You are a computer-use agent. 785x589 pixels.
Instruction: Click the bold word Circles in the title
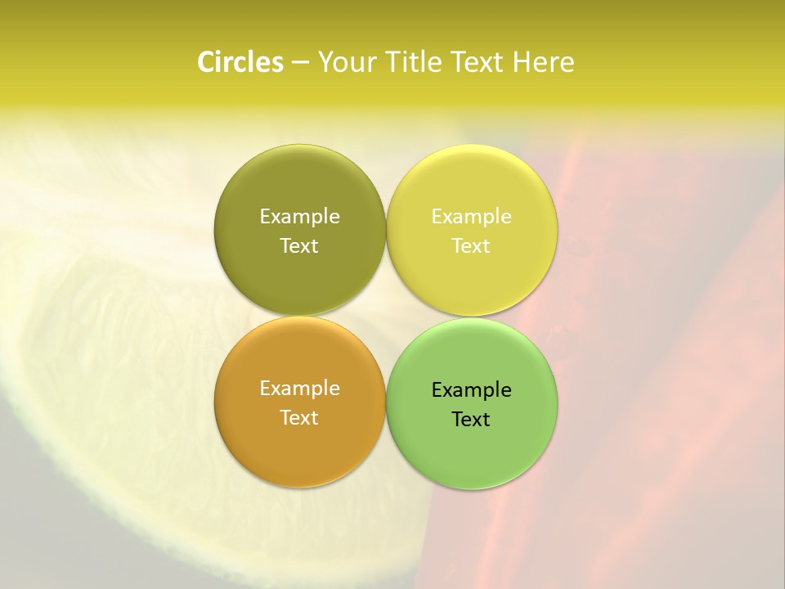pyautogui.click(x=240, y=62)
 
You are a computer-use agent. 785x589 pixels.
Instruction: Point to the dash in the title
pyautogui.click(x=299, y=63)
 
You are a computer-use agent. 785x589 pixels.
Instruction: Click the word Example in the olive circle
pyautogui.click(x=299, y=216)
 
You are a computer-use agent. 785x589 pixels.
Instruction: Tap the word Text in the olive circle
pyautogui.click(x=299, y=245)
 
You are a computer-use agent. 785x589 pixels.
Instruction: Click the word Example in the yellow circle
pyautogui.click(x=471, y=216)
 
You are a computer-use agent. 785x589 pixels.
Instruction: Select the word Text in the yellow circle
pyautogui.click(x=471, y=245)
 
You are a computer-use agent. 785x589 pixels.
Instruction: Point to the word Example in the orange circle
pyautogui.click(x=299, y=388)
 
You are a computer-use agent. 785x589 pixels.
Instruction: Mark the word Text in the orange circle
pyautogui.click(x=299, y=417)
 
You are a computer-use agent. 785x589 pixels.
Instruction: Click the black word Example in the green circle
pyautogui.click(x=471, y=389)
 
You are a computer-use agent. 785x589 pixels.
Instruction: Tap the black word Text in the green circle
pyautogui.click(x=471, y=419)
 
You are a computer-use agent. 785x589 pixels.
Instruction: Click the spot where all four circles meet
pyautogui.click(x=386, y=316)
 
